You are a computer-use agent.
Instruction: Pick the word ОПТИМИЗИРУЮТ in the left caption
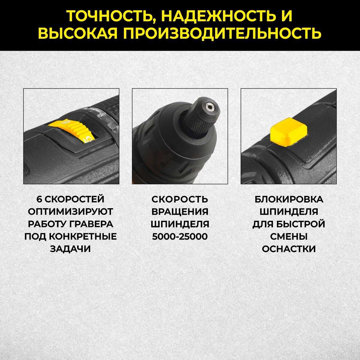[70, 211]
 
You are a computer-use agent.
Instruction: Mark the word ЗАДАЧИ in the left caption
[70, 249]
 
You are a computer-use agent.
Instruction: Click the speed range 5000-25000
[180, 236]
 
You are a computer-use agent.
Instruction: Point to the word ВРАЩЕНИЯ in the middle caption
[180, 211]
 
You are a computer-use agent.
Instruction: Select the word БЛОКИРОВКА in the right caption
[289, 199]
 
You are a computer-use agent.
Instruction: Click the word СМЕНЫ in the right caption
[289, 236]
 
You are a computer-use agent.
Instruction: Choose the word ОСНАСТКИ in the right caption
[289, 249]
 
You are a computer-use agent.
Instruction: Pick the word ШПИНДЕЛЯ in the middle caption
[180, 224]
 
